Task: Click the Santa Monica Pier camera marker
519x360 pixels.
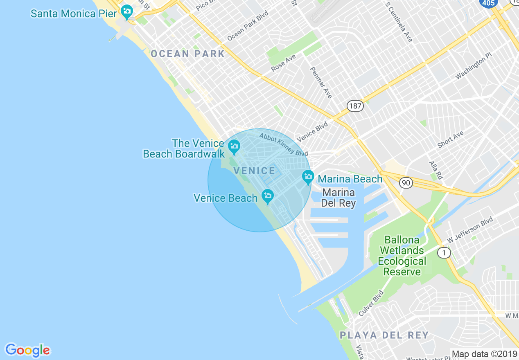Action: click(x=127, y=12)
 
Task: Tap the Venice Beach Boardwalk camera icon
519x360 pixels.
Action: click(x=234, y=146)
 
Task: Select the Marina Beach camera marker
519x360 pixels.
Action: click(x=308, y=177)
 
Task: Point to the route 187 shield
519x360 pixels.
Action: click(x=355, y=106)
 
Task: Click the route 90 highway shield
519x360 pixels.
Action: click(x=406, y=183)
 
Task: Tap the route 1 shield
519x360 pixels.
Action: click(x=444, y=253)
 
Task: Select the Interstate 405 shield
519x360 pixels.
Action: click(x=488, y=3)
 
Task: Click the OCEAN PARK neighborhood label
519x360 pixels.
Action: click(x=187, y=54)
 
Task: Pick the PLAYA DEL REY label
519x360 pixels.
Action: click(x=384, y=335)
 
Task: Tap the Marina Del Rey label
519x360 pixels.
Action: click(x=338, y=198)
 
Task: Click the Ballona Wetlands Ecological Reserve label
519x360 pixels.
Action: click(x=402, y=256)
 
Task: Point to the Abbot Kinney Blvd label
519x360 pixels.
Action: click(x=283, y=144)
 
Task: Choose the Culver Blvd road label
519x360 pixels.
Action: click(x=371, y=303)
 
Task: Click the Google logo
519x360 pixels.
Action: click(x=27, y=351)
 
